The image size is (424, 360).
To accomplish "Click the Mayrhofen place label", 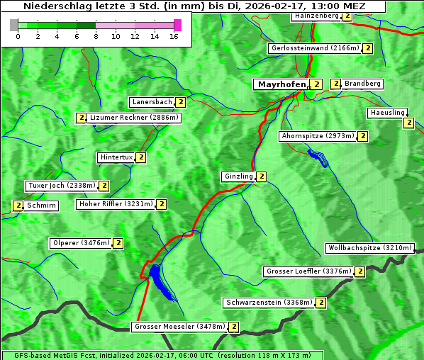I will pos(281,84).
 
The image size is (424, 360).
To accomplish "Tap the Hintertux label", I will pos(116,157).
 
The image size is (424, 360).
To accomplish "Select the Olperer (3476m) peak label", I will pos(81,243).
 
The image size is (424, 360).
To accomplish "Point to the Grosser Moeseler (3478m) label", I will pos(179,327).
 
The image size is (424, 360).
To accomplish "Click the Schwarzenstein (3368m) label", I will pos(268,303).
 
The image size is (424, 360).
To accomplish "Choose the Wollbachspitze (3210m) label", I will pos(369,248).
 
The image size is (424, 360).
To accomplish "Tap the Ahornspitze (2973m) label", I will pos(317,135).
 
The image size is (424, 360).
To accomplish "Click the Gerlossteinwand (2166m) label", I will pos(314,48).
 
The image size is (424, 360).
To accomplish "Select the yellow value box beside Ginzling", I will pos(262,176).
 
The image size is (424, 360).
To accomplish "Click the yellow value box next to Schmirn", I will pos(18,206).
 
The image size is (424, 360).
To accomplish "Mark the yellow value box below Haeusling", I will pos(408,123).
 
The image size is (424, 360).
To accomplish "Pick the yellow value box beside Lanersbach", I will pos(181,102).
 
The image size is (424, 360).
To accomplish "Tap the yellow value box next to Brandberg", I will pos(336,84).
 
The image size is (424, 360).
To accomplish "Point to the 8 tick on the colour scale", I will pos(96,35).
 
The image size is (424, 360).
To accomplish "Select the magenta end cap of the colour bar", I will pos(177,25).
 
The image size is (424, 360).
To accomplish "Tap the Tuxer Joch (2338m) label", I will pos(61,186).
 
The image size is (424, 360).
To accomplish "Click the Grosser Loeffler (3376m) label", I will pos(308,271).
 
